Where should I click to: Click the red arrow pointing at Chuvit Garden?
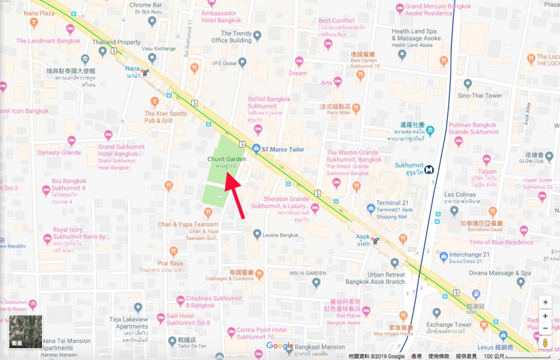point(235,196)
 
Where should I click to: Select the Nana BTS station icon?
point(146,72)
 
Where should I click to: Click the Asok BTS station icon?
point(375,241)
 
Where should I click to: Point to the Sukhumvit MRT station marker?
point(430,169)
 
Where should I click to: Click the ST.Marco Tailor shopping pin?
point(256,148)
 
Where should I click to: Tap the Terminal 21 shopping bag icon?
point(370,209)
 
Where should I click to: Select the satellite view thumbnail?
point(26,332)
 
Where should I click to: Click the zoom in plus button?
point(545,316)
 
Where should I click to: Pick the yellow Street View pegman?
point(545,343)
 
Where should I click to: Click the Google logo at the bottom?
point(280,347)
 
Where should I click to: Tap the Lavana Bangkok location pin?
point(257,233)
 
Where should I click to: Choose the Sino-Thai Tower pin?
point(468,84)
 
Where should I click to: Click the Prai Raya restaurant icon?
point(174,251)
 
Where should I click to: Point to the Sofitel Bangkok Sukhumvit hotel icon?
point(258,129)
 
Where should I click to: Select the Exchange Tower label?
point(449,325)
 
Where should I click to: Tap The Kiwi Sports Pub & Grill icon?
point(156,101)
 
